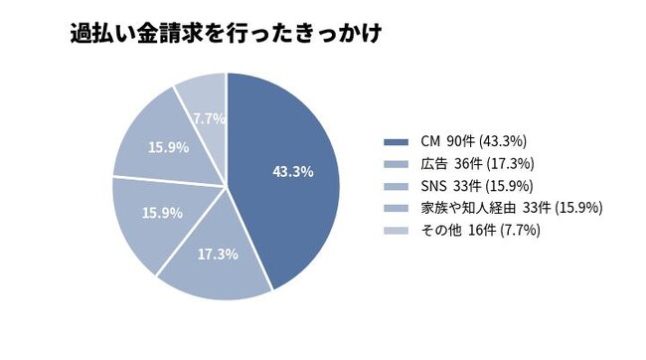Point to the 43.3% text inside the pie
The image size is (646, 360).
tap(292, 171)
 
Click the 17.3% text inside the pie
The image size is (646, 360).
tap(218, 254)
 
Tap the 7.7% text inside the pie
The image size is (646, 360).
tap(210, 118)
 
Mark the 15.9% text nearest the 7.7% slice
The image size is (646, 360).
tap(167, 147)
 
